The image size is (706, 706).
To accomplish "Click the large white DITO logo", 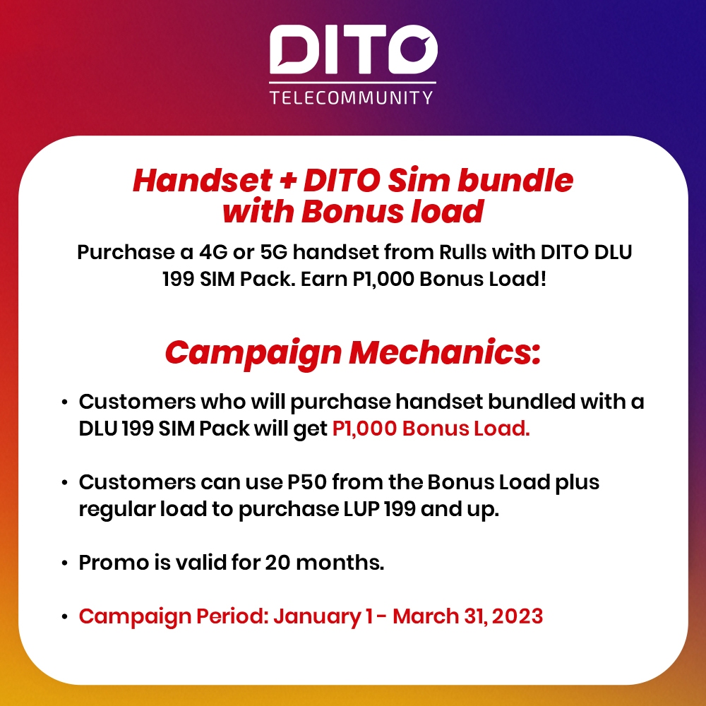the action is pos(353,49).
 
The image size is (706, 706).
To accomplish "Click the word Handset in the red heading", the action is pos(202,181).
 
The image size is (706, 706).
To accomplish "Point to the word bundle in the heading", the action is pos(515,181).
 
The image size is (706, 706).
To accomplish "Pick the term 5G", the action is pos(273,252).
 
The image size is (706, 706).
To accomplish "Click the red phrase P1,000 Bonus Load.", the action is pos(431,429).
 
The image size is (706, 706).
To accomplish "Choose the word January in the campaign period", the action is pos(317,616).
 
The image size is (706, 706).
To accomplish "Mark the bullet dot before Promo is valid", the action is pos(65,563).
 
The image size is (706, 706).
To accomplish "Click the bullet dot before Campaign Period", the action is pos(65,617).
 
